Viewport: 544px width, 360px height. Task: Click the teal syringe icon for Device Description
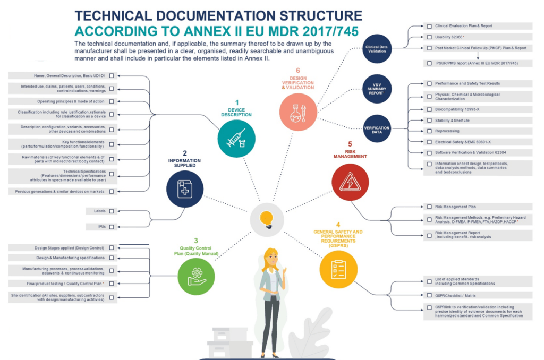(236, 139)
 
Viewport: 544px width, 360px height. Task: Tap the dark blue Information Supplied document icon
(185, 187)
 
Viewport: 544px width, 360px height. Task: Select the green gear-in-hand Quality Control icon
(196, 276)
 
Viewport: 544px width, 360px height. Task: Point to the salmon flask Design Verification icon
(298, 112)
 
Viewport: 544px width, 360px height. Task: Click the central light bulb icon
(267, 217)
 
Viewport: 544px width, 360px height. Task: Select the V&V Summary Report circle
(377, 89)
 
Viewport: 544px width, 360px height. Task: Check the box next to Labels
(112, 211)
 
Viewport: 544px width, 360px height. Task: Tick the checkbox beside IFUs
(112, 227)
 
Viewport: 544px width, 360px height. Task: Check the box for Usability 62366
(429, 37)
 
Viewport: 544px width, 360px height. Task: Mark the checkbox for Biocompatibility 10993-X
(429, 110)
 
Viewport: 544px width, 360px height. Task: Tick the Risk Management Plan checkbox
(429, 207)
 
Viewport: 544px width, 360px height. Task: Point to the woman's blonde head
(272, 258)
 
